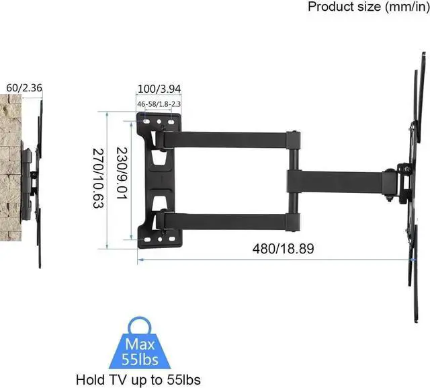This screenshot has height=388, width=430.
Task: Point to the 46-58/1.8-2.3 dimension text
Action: pyautogui.click(x=159, y=105)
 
